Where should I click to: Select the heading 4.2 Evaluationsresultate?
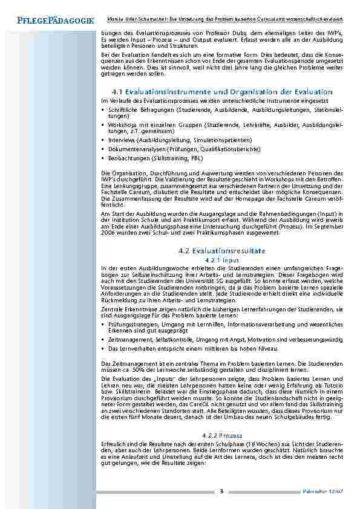pyautogui.click(x=223, y=250)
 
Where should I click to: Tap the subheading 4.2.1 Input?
pyautogui.click(x=223, y=259)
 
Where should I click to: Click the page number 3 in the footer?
pyautogui.click(x=222, y=490)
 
